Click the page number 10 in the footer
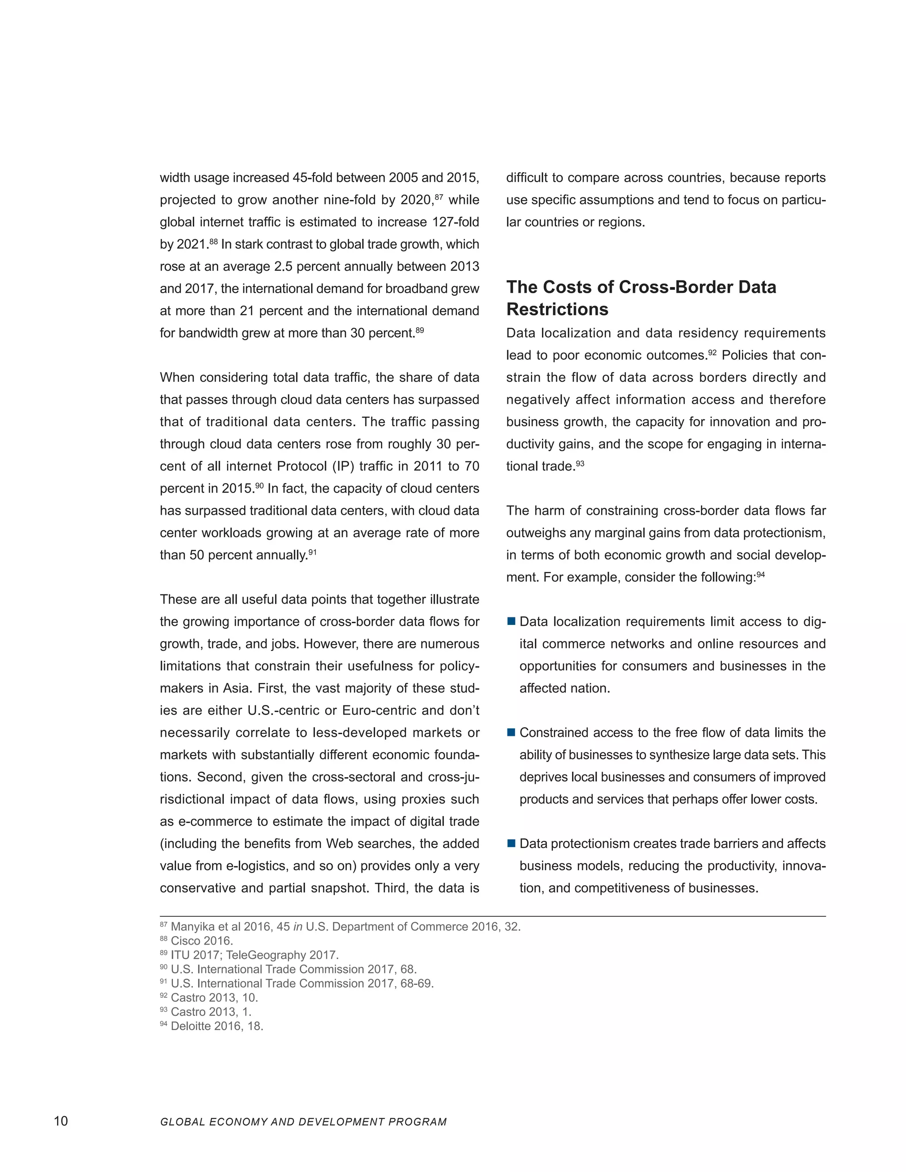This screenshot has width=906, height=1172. coord(61,1121)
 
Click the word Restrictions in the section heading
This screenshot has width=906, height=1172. coord(557,310)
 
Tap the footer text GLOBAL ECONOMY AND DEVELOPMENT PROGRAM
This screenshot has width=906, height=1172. coord(303,1122)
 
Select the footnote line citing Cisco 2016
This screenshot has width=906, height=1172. coord(201,941)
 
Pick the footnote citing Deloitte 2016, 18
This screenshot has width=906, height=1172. coord(216,1026)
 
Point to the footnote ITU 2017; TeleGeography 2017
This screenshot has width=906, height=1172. coord(254,955)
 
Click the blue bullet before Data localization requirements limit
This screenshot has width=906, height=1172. coord(511,621)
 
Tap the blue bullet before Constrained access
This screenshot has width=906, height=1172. coord(511,732)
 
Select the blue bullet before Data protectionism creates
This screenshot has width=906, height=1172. coord(511,843)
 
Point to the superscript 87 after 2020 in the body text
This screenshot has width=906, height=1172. coord(438,197)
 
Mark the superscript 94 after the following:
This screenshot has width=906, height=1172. coord(760,575)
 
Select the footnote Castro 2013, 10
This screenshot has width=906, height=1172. coord(214,998)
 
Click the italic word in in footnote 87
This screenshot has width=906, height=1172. coord(298,927)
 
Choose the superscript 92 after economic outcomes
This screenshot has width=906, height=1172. coord(712,352)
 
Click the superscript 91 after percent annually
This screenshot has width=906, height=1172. coord(312,552)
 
